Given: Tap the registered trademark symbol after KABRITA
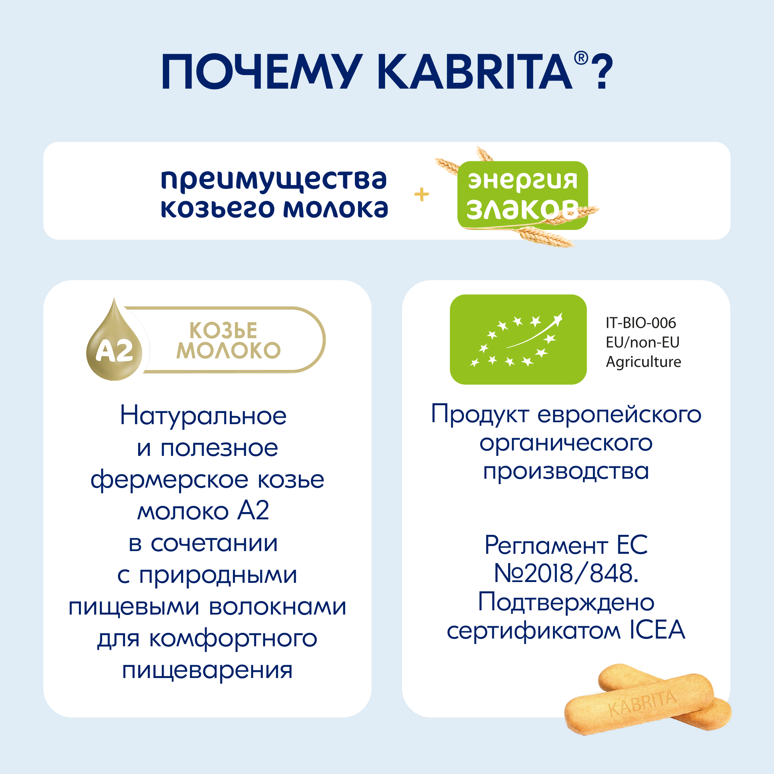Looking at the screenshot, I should point(581,58).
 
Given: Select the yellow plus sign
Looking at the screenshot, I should point(421,195).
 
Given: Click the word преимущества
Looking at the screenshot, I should point(274,180).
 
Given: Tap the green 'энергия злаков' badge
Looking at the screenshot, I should point(522,195).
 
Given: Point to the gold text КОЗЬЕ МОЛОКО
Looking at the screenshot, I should point(228,341).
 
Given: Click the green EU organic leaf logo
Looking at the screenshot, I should point(518,340).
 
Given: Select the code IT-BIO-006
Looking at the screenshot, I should point(640,323).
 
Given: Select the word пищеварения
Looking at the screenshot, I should point(207,671).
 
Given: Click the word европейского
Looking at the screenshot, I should point(619,414).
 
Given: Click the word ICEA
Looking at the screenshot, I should point(658,630).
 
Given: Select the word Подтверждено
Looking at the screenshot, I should point(566,602).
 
